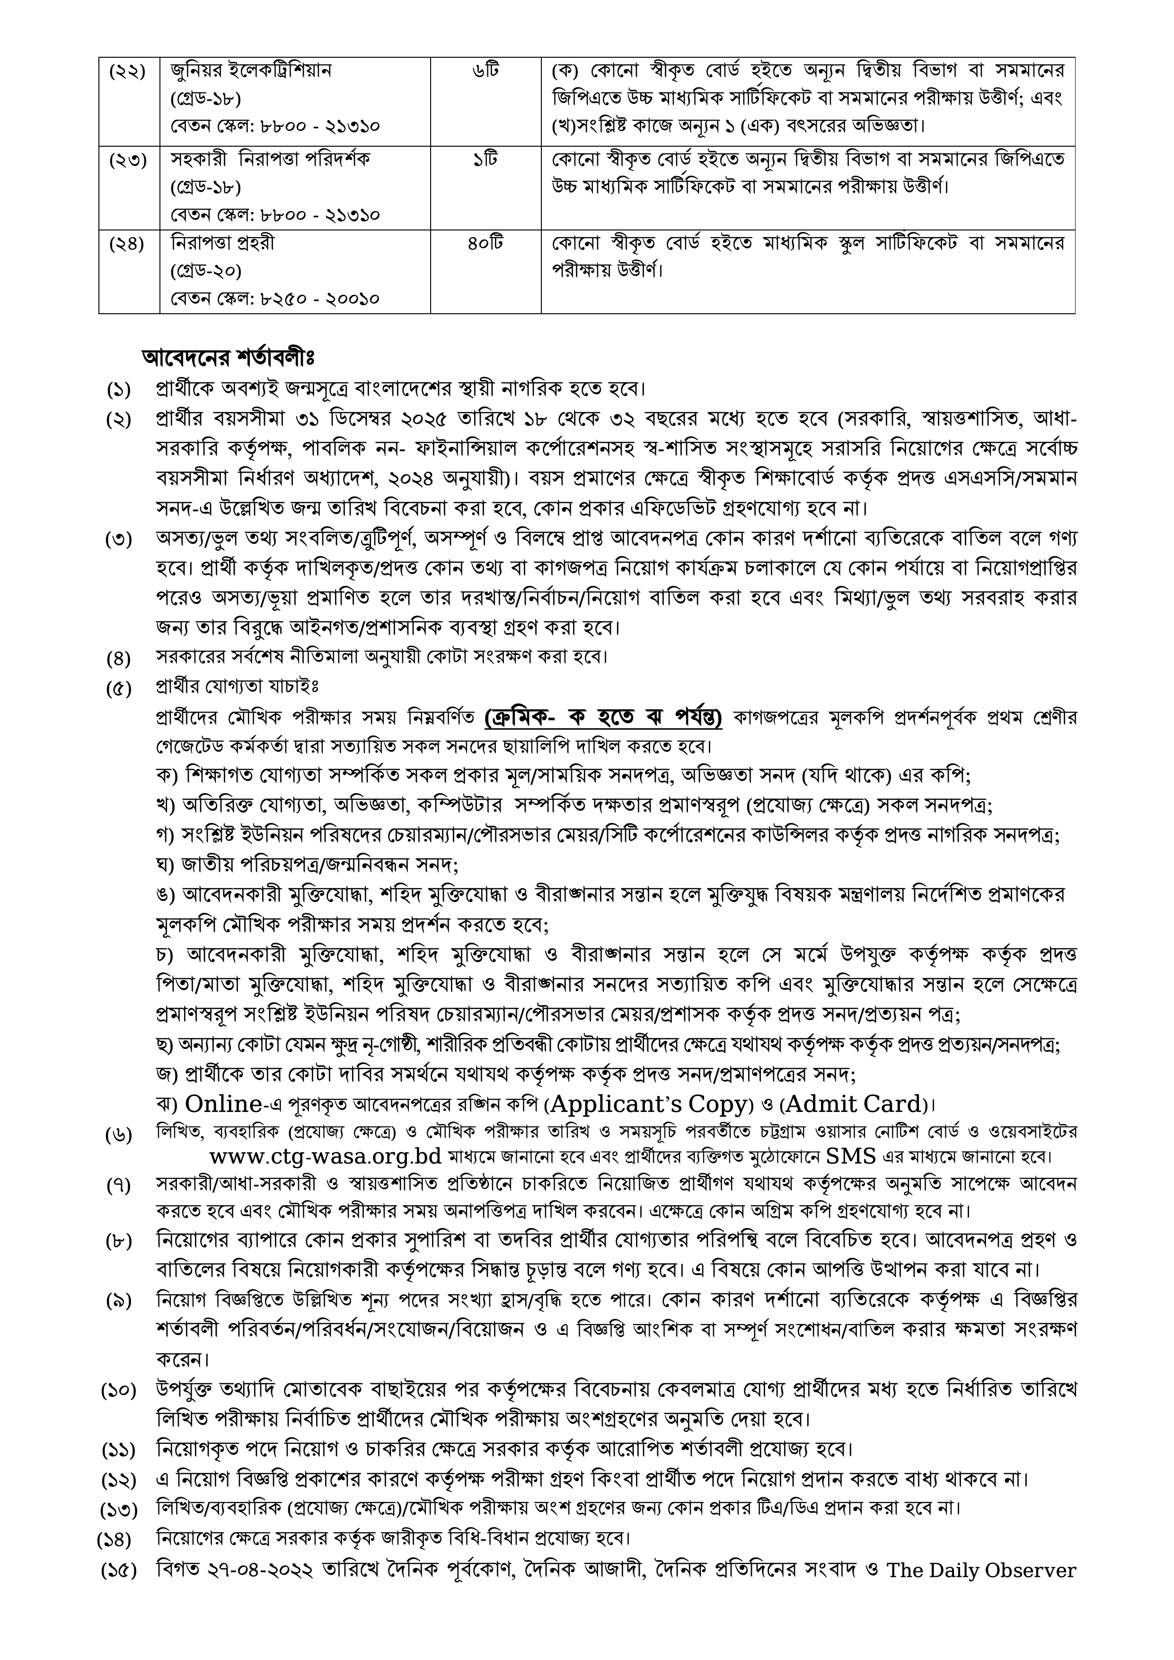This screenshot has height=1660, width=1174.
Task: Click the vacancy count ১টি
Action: (486, 159)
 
